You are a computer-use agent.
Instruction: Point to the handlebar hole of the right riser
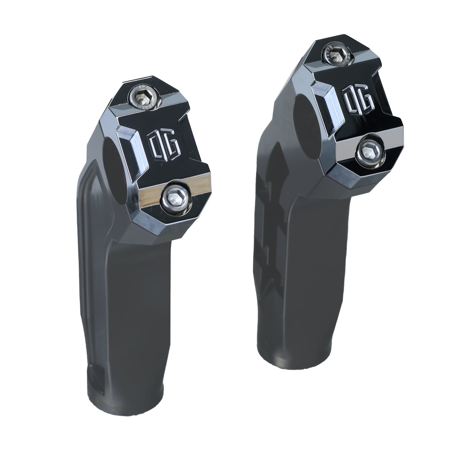pyautogui.click(x=303, y=113)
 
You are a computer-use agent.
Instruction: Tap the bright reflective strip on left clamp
pyautogui.click(x=150, y=194)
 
